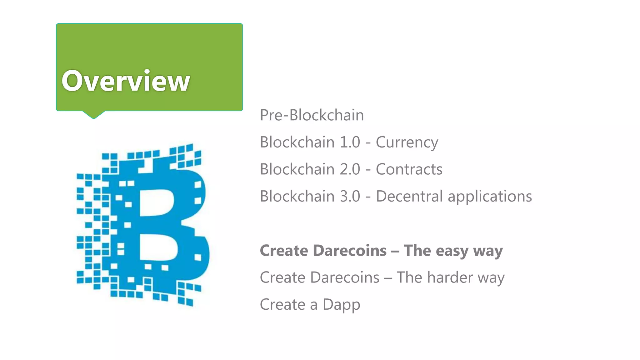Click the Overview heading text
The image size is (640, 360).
click(126, 81)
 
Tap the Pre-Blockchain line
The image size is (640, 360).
click(312, 115)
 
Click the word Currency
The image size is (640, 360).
click(407, 142)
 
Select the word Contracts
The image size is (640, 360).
click(409, 169)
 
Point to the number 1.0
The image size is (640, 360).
click(350, 142)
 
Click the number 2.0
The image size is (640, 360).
click(350, 169)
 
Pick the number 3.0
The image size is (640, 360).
click(350, 196)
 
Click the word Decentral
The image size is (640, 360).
click(409, 196)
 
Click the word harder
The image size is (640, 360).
click(450, 277)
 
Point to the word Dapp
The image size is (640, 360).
click(341, 305)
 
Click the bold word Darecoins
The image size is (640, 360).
click(350, 251)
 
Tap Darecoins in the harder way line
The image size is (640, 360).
click(345, 277)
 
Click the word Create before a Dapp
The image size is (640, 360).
click(282, 304)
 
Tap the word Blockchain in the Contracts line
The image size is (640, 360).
click(297, 169)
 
